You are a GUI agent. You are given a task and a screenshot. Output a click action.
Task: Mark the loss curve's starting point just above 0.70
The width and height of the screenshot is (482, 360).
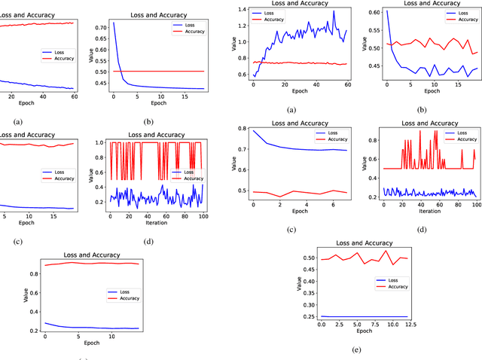coord(114,23)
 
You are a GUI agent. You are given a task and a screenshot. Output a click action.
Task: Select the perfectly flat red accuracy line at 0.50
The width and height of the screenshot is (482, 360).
coord(158,71)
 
